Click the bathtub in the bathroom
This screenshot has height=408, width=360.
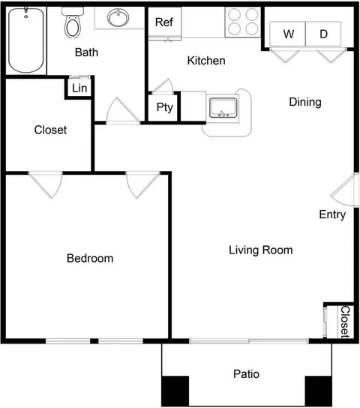[25, 40]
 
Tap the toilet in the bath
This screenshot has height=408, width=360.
[73, 23]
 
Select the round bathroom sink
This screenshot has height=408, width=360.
[118, 18]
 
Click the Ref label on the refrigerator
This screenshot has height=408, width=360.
[163, 22]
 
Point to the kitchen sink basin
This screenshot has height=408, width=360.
[223, 108]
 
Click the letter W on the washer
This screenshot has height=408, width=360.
[289, 34]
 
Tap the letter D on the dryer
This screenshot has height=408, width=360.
[323, 34]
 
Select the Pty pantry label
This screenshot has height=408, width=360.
[165, 107]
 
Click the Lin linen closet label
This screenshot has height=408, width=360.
[79, 88]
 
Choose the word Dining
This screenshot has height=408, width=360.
[305, 102]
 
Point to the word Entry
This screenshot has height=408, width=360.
[332, 214]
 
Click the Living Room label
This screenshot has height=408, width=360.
[261, 250]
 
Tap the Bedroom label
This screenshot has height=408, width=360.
[90, 259]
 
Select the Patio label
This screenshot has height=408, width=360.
[246, 374]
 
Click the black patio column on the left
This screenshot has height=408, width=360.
[175, 391]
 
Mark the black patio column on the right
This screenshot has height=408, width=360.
[319, 391]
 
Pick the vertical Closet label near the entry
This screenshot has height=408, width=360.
[345, 322]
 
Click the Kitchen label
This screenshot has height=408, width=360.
[206, 61]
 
